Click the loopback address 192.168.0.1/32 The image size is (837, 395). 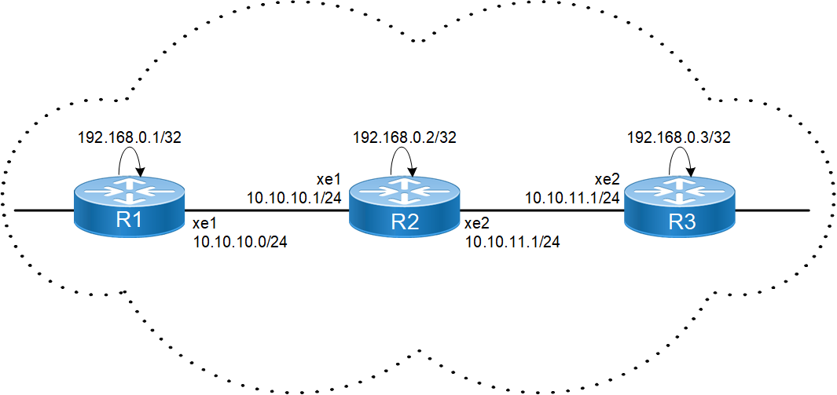pyautogui.click(x=129, y=137)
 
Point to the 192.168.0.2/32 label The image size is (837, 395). pyautogui.click(x=405, y=137)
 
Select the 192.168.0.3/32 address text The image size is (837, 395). pyautogui.click(x=679, y=137)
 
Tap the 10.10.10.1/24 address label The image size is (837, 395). pyautogui.click(x=294, y=196)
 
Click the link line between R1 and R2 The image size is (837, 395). pyautogui.click(x=267, y=210)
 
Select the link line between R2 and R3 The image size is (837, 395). pyautogui.click(x=542, y=210)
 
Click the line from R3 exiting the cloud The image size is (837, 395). pyautogui.click(x=774, y=210)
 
